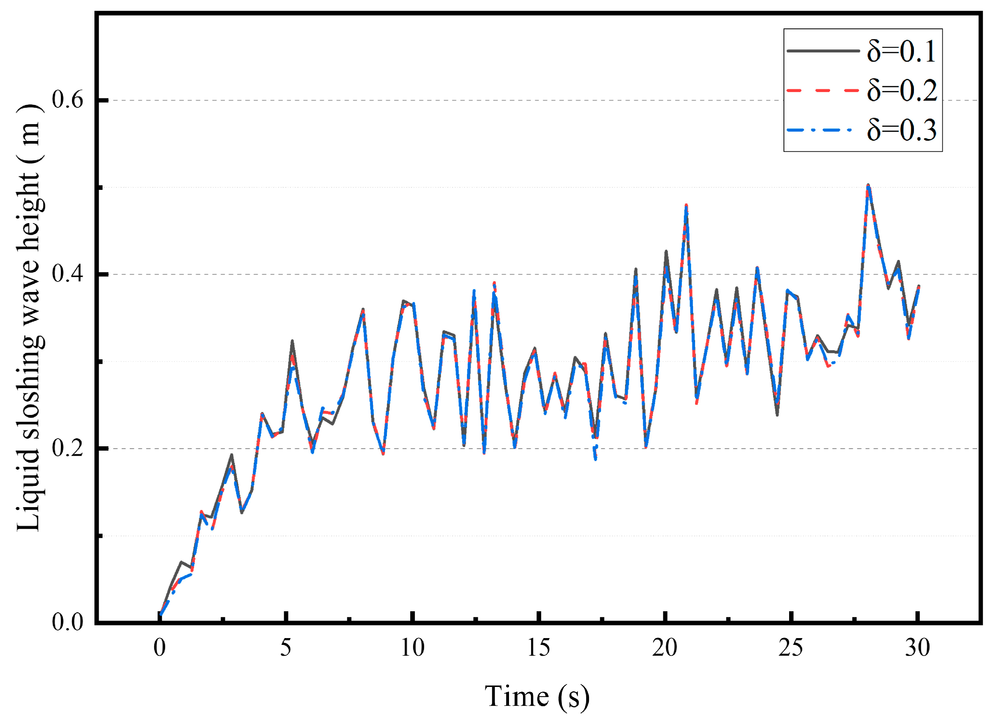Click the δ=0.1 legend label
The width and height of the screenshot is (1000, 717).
point(901,52)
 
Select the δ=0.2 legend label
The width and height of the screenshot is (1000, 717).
point(901,91)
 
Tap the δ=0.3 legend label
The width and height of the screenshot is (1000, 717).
point(901,130)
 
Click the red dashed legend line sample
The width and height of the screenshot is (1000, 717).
point(823,91)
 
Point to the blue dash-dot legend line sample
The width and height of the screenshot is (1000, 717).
point(823,130)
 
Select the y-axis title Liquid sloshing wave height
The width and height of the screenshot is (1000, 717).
point(30,318)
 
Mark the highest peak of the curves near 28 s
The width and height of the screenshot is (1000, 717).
point(868,185)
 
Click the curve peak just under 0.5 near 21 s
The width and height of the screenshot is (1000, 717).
point(686,205)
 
